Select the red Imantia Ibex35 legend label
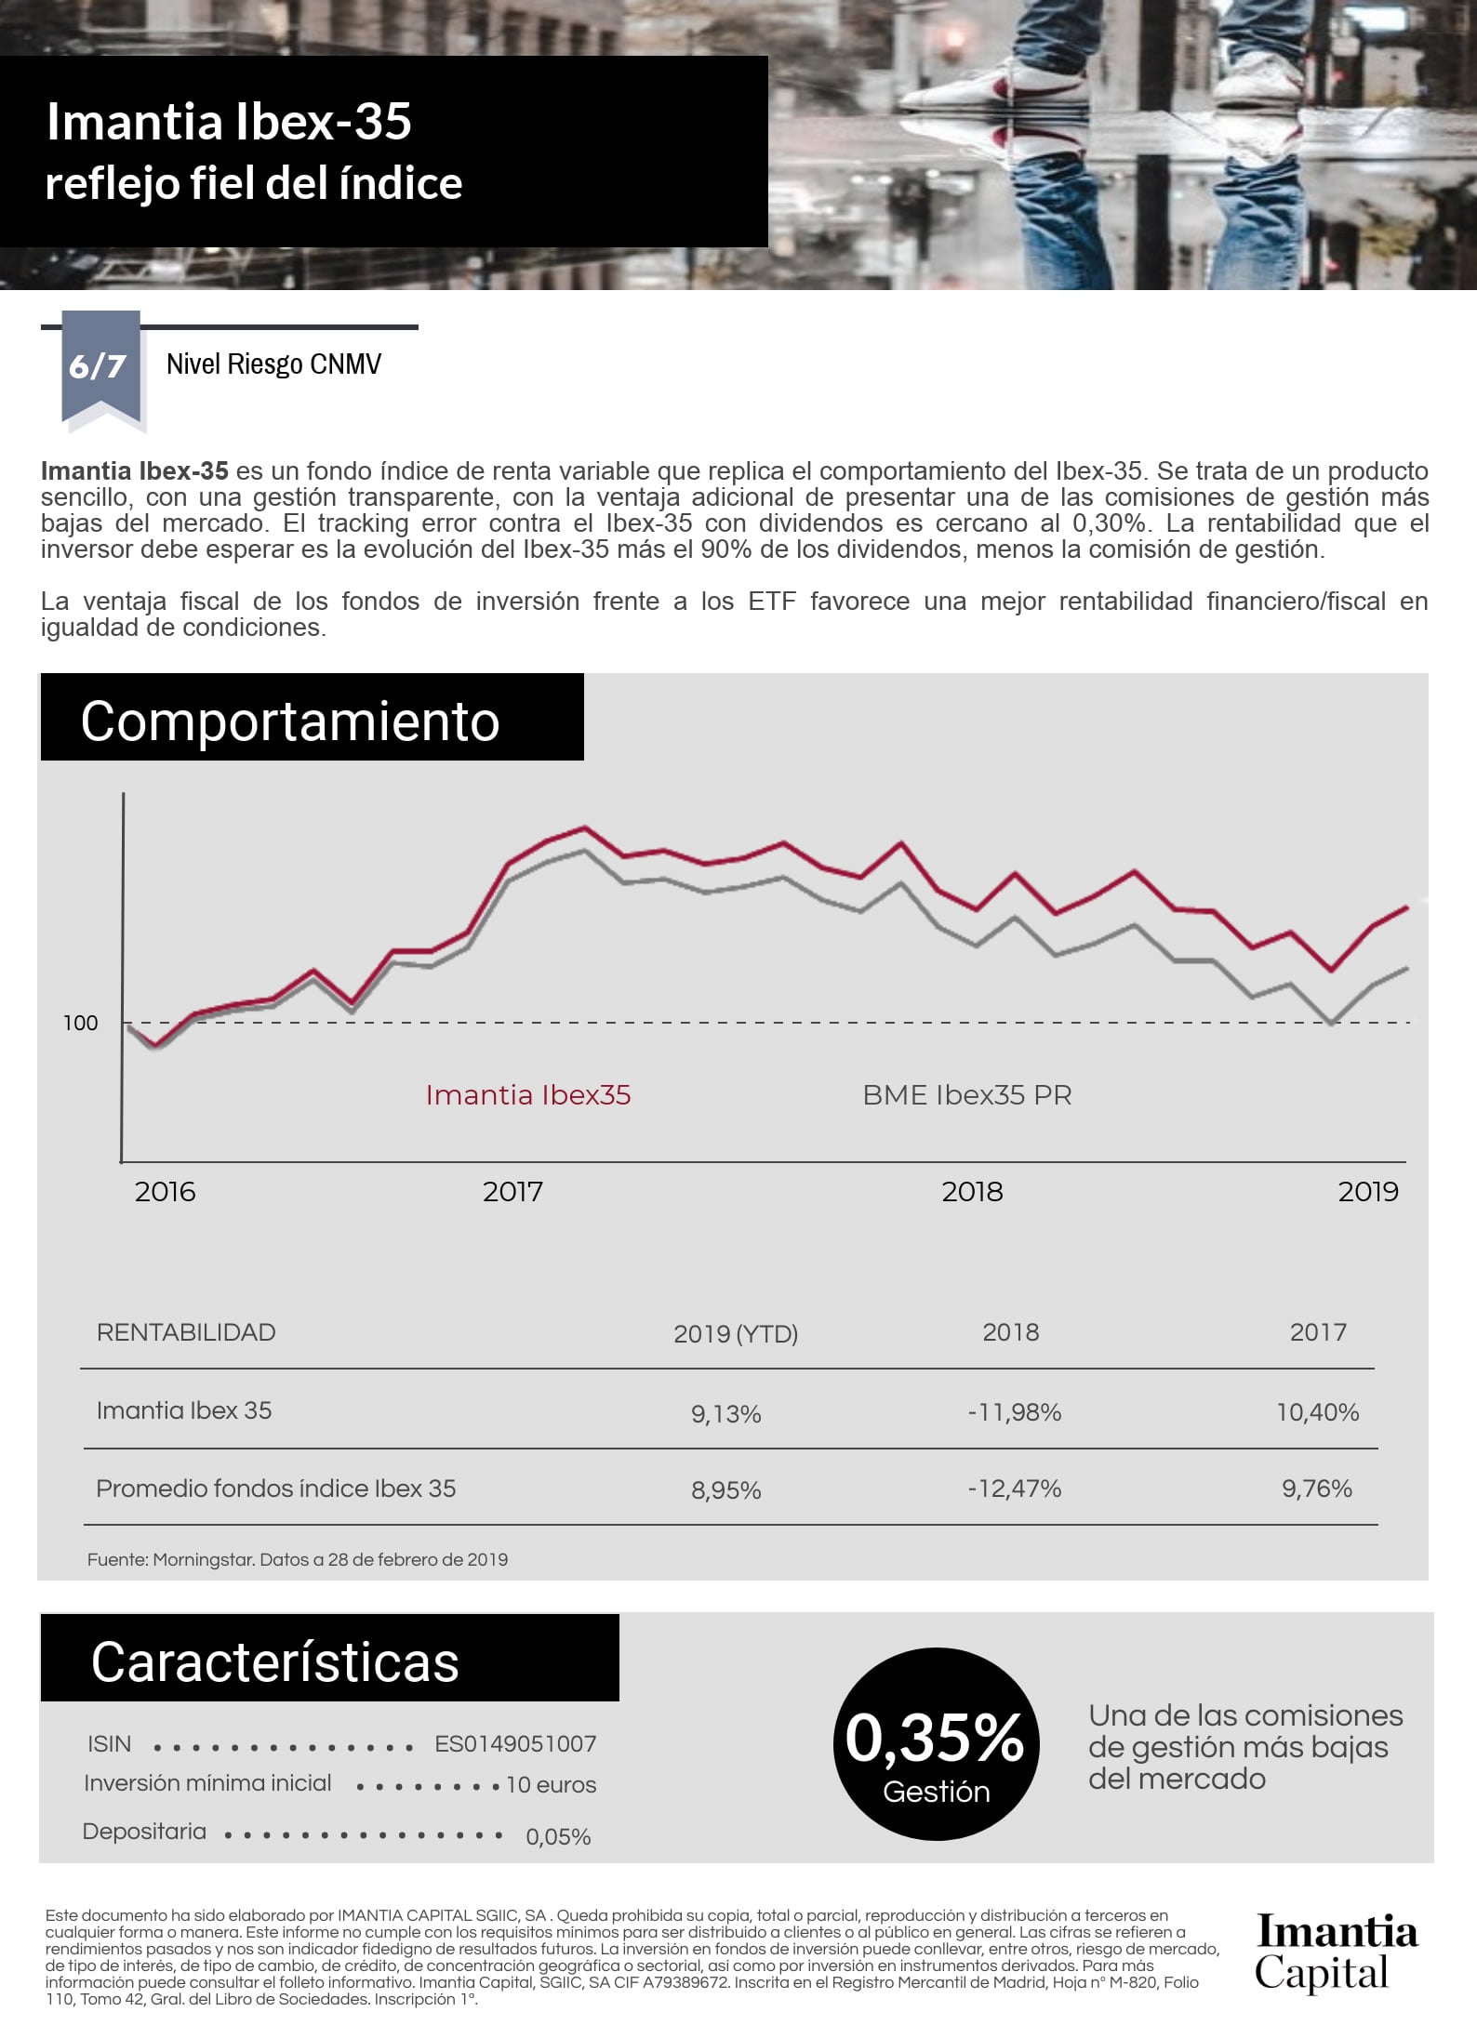pyautogui.click(x=527, y=1095)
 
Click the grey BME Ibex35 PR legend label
pyautogui.click(x=966, y=1095)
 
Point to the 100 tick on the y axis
pyautogui.click(x=80, y=1023)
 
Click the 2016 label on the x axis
pyautogui.click(x=165, y=1192)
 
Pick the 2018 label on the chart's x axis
pyautogui.click(x=972, y=1192)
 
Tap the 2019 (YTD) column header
pyautogui.click(x=735, y=1334)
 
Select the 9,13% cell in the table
pyautogui.click(x=725, y=1414)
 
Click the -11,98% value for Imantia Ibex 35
pyautogui.click(x=1014, y=1413)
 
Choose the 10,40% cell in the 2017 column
pyautogui.click(x=1317, y=1413)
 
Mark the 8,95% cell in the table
pyautogui.click(x=725, y=1491)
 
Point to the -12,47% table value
pyautogui.click(x=1014, y=1489)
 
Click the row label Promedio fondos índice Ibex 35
pyautogui.click(x=276, y=1489)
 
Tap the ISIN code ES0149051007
pyautogui.click(x=515, y=1744)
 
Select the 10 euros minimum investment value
pyautogui.click(x=551, y=1785)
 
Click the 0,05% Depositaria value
pyautogui.click(x=558, y=1837)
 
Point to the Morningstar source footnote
pyautogui.click(x=298, y=1560)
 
